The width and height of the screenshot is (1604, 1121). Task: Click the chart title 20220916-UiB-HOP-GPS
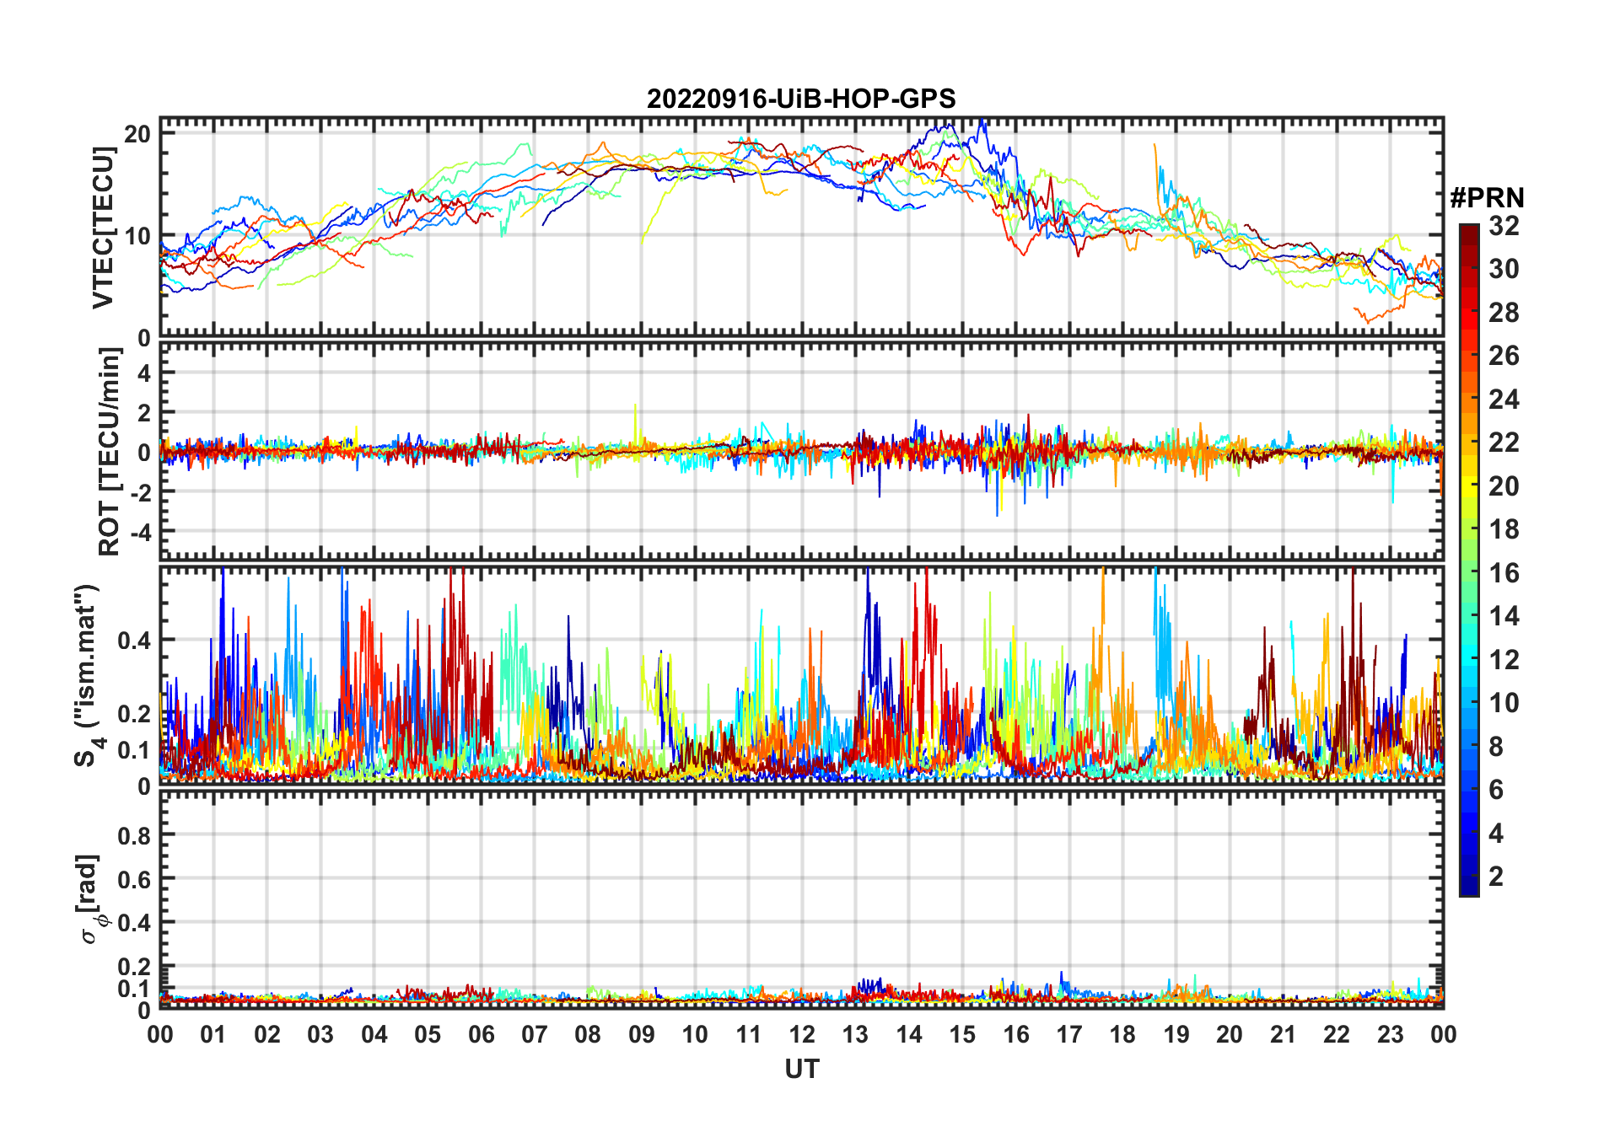(x=801, y=99)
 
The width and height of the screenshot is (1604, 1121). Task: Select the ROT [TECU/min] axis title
(x=110, y=452)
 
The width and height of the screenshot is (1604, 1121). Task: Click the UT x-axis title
(x=801, y=1070)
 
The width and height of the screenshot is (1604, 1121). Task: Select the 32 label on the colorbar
(x=1504, y=226)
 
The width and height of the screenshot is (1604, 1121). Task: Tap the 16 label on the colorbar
(x=1504, y=573)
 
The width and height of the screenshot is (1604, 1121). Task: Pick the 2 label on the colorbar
(x=1496, y=877)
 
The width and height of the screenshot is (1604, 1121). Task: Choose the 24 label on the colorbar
(x=1504, y=400)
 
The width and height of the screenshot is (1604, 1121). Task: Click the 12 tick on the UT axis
(x=802, y=1035)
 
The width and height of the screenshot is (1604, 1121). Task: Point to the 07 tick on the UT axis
(x=535, y=1035)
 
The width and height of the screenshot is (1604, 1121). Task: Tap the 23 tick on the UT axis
(x=1390, y=1035)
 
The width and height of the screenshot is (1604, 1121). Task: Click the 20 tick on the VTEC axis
(x=137, y=134)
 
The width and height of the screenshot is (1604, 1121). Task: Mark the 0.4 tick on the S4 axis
(x=134, y=641)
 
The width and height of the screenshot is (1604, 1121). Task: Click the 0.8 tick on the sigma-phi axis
(x=134, y=835)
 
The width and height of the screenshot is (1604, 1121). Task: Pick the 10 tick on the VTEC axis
(x=137, y=236)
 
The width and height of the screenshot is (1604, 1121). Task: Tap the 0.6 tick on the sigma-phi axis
(x=134, y=879)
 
